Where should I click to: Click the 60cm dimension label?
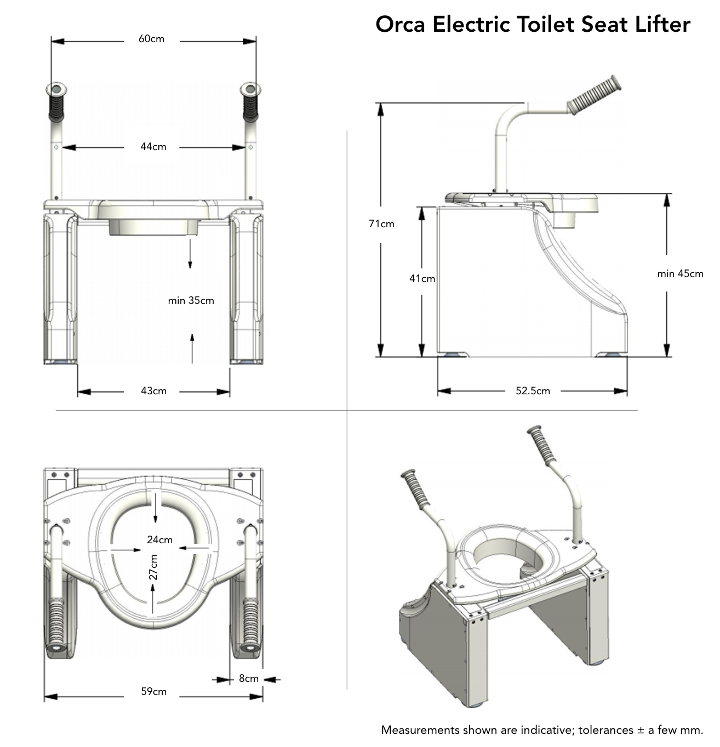151,39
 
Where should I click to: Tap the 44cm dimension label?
153,147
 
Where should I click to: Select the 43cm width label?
153,391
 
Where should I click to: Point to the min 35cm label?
191,301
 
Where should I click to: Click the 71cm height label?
381,223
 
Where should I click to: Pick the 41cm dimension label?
422,279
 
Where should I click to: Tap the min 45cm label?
680,274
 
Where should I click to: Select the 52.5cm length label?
533,391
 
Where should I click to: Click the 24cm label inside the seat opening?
159,540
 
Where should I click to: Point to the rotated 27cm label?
153,567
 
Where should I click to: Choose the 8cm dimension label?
248,679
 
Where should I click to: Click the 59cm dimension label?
153,692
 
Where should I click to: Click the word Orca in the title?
400,25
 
